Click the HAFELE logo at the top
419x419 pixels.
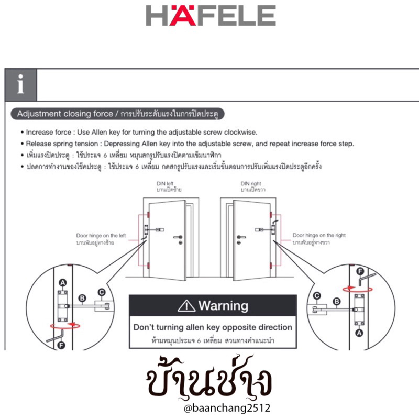[211, 16]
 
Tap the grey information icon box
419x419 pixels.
[21, 84]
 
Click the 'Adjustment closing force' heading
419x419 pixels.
[65, 114]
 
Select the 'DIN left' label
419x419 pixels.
[164, 184]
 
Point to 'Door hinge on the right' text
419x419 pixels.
[319, 236]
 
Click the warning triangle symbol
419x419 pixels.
[186, 305]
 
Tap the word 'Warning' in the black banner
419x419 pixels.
[224, 305]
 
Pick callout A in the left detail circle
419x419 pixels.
[63, 283]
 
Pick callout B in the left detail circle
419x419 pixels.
[82, 299]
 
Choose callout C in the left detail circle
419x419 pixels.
[101, 292]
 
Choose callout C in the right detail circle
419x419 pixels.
[317, 296]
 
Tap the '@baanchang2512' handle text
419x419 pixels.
[210, 407]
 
